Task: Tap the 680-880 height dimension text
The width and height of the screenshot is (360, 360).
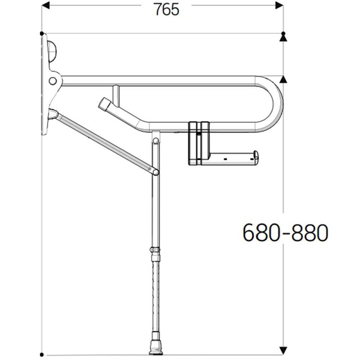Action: (x=284, y=233)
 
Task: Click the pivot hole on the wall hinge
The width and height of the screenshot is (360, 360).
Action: (x=53, y=81)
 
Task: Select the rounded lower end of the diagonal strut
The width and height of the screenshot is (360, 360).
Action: (x=154, y=171)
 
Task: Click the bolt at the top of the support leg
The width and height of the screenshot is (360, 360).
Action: (x=156, y=141)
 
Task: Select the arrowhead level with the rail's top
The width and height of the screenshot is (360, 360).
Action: (x=283, y=80)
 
